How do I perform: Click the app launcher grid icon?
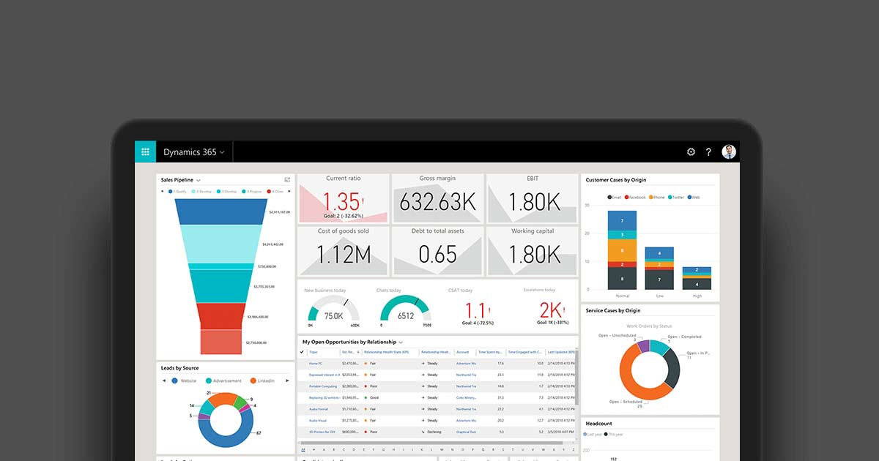click(x=145, y=152)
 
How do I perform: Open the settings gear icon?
click(x=691, y=152)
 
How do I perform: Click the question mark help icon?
click(x=708, y=152)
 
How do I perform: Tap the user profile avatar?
click(x=729, y=151)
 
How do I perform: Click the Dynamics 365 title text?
click(x=190, y=152)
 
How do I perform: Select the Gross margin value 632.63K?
click(x=437, y=202)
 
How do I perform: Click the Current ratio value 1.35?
click(x=341, y=202)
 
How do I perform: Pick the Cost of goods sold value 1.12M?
click(x=343, y=255)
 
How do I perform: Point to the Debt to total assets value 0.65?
click(x=437, y=255)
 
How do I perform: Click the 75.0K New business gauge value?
click(x=333, y=316)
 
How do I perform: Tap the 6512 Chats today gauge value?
click(x=405, y=316)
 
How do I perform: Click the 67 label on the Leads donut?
click(x=259, y=433)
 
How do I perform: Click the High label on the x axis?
click(x=697, y=296)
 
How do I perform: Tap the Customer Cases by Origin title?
click(x=616, y=180)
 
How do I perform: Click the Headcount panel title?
click(x=599, y=424)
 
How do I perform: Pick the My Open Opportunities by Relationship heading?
click(x=349, y=342)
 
